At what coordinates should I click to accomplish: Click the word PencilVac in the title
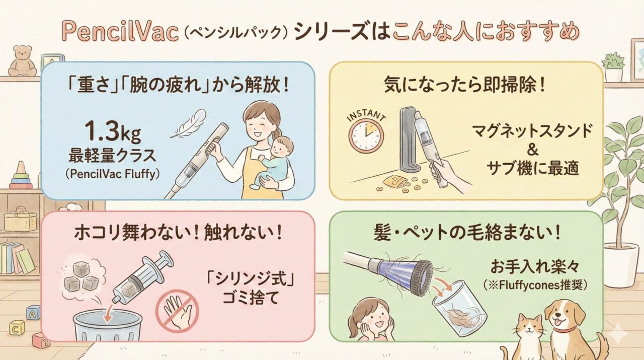[x=121, y=33]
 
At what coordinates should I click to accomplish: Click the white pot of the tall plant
[x=620, y=264]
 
